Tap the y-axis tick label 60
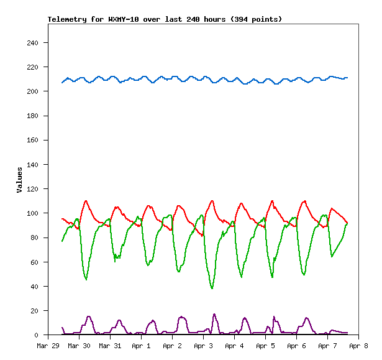click(x=35, y=262)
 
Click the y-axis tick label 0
click(x=37, y=335)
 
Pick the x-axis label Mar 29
click(x=48, y=346)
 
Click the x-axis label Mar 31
click(x=110, y=346)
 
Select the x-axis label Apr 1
click(x=141, y=346)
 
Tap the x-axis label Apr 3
click(x=203, y=346)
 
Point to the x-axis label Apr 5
click(x=265, y=346)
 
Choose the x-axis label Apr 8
click(x=358, y=346)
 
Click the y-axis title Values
click(x=20, y=180)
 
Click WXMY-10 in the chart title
click(x=124, y=19)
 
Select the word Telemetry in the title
click(x=67, y=19)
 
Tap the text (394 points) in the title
click(x=256, y=19)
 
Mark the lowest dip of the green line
click(x=212, y=288)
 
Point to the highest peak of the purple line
click(x=214, y=314)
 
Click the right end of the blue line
click(x=348, y=78)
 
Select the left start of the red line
click(x=62, y=218)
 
